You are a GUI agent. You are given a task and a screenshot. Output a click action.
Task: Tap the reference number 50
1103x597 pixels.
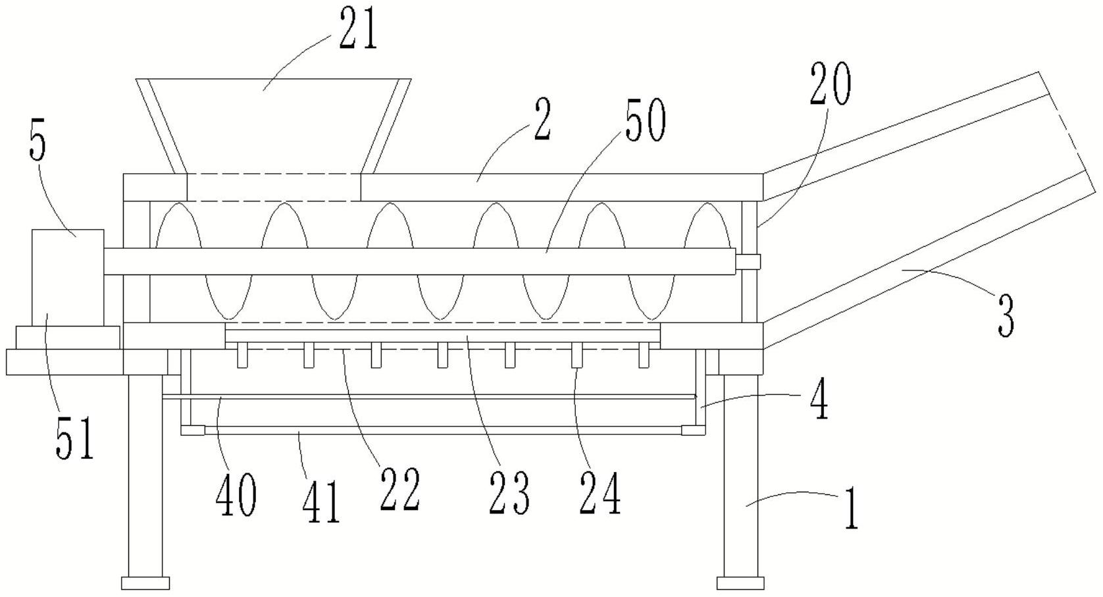pyautogui.click(x=645, y=118)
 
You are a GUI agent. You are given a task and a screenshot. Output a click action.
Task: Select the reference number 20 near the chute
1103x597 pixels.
pyautogui.click(x=831, y=85)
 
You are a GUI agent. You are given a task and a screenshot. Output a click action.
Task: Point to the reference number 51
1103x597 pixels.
pyautogui.click(x=74, y=437)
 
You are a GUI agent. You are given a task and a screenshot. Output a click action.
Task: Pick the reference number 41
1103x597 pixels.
pyautogui.click(x=321, y=502)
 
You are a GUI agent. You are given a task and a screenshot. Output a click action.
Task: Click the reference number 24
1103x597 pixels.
pyautogui.click(x=600, y=492)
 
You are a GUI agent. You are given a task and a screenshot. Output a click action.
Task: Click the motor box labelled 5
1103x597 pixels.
pyautogui.click(x=68, y=277)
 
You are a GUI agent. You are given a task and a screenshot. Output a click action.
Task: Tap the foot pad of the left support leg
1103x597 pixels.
pyautogui.click(x=145, y=583)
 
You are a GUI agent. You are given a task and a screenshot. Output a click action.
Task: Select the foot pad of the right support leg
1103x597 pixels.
pyautogui.click(x=740, y=583)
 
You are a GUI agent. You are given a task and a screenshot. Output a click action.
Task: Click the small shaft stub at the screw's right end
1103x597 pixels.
pyautogui.click(x=748, y=261)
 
